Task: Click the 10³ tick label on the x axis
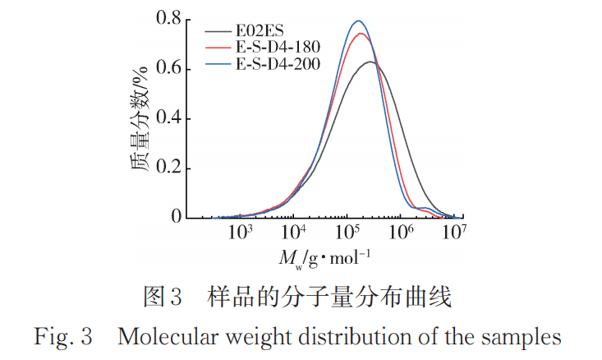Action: click(241, 233)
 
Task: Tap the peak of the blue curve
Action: click(358, 21)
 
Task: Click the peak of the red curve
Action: click(360, 34)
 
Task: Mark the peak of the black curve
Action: click(371, 62)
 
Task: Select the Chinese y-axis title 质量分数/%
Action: click(140, 120)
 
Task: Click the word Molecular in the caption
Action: click(162, 338)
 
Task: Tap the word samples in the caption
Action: click(528, 338)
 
